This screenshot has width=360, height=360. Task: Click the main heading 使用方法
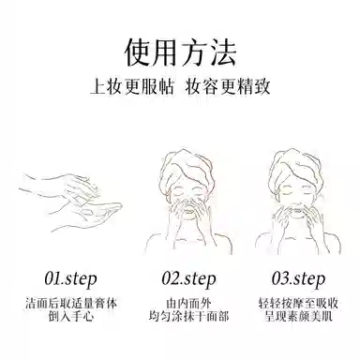tap(180, 52)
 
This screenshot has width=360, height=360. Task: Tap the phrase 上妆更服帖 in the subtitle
tap(132, 86)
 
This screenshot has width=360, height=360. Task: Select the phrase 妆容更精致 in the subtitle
tap(228, 86)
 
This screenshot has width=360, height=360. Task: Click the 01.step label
tap(70, 279)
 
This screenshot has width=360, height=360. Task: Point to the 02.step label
tap(188, 279)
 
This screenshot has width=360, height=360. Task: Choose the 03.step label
tap(298, 279)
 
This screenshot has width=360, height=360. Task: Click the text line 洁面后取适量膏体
tap(71, 304)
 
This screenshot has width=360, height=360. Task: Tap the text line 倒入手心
tap(71, 316)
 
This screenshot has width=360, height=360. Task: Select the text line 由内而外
tap(188, 304)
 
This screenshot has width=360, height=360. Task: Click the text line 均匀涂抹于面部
tap(188, 316)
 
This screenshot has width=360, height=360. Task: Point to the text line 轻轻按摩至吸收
tap(298, 304)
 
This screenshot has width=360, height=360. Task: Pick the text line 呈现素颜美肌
tap(298, 316)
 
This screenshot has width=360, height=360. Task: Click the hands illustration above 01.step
tap(70, 202)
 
